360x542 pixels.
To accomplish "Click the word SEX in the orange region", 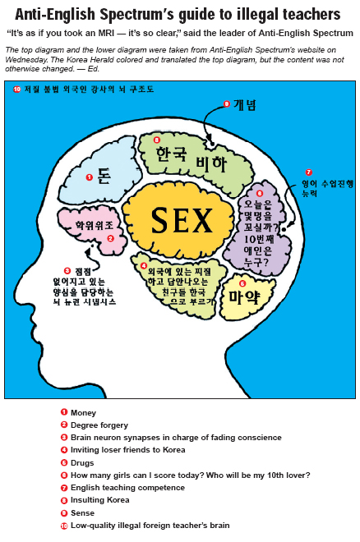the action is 182,220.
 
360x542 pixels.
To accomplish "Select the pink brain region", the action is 91,227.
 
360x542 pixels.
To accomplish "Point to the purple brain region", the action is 257,229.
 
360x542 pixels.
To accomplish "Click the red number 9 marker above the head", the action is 227,103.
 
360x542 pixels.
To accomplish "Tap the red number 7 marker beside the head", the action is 308,172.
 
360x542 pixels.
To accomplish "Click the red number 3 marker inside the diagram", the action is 67,271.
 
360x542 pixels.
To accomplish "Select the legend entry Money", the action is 83,413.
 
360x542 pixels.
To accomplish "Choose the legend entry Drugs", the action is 82,463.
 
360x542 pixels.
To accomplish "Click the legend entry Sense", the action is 82,513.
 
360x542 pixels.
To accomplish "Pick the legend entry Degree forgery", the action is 99,425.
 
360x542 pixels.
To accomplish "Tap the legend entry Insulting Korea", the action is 100,500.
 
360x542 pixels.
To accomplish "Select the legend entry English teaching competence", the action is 127,488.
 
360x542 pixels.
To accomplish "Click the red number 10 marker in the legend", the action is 64,526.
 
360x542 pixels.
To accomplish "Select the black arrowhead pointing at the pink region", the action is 88,252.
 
